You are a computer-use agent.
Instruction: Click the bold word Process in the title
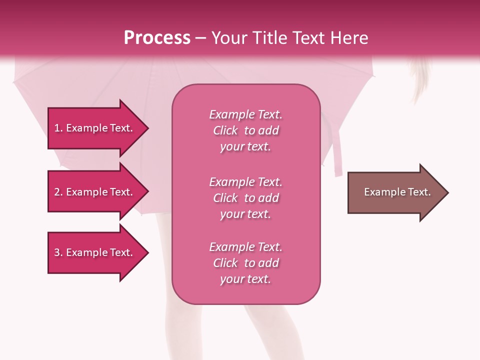(x=157, y=38)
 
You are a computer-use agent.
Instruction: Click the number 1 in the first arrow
(x=57, y=128)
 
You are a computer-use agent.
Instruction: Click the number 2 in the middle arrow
(x=57, y=192)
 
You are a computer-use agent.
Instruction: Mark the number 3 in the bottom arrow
(x=57, y=252)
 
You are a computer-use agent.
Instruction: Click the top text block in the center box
(x=245, y=130)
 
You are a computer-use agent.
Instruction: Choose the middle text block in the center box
(x=245, y=198)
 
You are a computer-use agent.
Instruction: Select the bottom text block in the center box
(x=245, y=263)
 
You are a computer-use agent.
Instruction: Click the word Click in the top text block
(x=225, y=131)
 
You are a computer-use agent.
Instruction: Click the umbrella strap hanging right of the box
(x=338, y=155)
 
